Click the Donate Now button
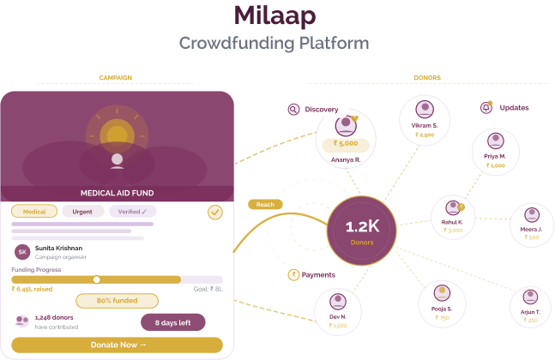pyautogui.click(x=118, y=345)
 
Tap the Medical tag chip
pyautogui.click(x=34, y=211)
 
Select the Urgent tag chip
pyautogui.click(x=83, y=211)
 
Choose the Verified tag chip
pyautogui.click(x=132, y=211)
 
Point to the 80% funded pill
pyautogui.click(x=118, y=301)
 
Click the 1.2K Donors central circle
pyautogui.click(x=361, y=231)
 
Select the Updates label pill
pyautogui.click(x=508, y=108)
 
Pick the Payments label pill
pyautogui.click(x=315, y=275)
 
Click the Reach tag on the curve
pyautogui.click(x=265, y=205)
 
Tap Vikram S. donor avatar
pyautogui.click(x=422, y=111)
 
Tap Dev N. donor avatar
pyautogui.click(x=337, y=303)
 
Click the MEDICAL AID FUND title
pyautogui.click(x=118, y=193)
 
